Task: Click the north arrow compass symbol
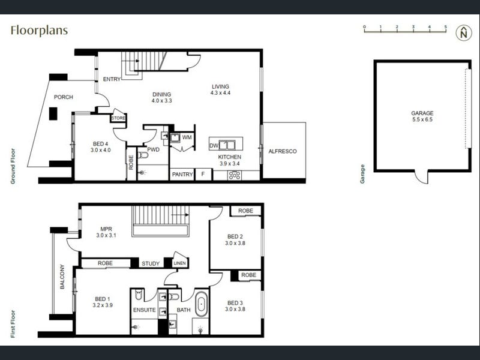pos(463,33)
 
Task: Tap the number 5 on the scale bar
pos(445,27)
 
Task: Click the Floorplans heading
pos(39,31)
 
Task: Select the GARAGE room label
pos(422,113)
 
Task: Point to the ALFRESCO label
pos(282,151)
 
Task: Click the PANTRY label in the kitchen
pos(182,175)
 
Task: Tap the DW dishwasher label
pos(214,146)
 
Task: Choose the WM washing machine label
pos(187,137)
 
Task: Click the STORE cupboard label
pos(118,118)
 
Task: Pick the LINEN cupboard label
pos(179,263)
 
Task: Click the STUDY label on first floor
pos(151,263)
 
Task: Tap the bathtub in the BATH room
pos(201,304)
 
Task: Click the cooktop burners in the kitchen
pos(235,175)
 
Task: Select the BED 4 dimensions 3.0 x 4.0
pos(100,151)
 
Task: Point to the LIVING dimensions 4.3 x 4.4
pos(220,93)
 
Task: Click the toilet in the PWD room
pos(143,155)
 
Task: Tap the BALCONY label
pos(62,277)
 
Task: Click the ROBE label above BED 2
pos(245,211)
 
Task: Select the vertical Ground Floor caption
pos(13,166)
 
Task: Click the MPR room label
pos(106,229)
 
